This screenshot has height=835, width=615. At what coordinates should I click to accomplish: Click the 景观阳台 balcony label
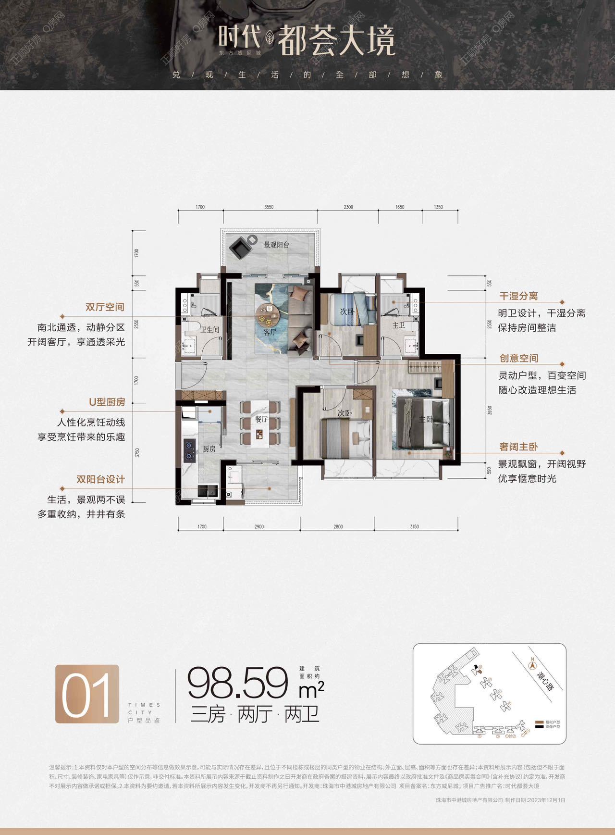(x=276, y=245)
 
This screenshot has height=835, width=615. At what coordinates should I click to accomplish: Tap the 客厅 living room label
(x=270, y=332)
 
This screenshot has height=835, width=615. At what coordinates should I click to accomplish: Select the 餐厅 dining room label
(x=261, y=419)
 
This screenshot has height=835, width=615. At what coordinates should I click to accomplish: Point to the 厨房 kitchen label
(x=209, y=449)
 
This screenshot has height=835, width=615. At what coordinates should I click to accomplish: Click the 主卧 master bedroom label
(x=426, y=419)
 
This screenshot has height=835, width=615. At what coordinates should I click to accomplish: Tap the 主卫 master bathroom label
(x=398, y=325)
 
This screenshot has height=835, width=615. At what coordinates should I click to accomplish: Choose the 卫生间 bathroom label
(x=210, y=330)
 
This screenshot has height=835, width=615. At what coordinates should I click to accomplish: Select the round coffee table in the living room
(x=268, y=314)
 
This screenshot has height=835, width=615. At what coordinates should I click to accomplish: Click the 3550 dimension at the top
(x=269, y=207)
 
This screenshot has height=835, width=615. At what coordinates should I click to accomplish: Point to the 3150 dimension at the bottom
(x=414, y=526)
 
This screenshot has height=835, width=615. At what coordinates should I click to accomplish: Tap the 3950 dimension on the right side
(x=490, y=411)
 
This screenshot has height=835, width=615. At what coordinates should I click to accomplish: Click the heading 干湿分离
(x=518, y=296)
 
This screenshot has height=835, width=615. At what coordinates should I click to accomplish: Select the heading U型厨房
(x=107, y=402)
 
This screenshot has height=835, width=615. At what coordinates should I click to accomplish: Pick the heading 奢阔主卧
(x=518, y=447)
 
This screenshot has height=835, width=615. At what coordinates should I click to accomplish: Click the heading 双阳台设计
(x=100, y=479)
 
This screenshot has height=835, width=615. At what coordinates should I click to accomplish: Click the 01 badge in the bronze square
(x=87, y=694)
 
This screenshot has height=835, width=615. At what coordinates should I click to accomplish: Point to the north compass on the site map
(x=532, y=665)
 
